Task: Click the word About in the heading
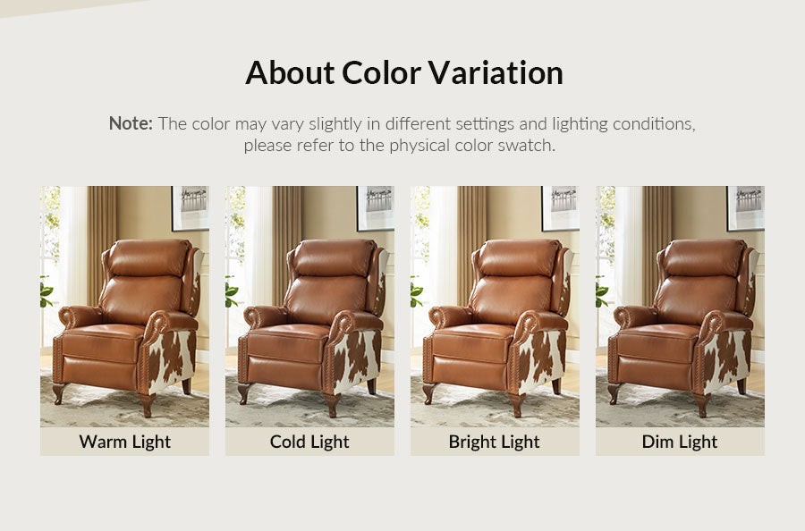pyautogui.click(x=290, y=72)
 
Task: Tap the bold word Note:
pyautogui.click(x=131, y=123)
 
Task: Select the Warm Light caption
pyautogui.click(x=124, y=442)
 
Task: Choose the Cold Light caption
pyautogui.click(x=309, y=442)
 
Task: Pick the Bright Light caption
pyautogui.click(x=495, y=442)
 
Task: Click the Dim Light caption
pyautogui.click(x=680, y=442)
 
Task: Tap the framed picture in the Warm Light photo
pyautogui.click(x=191, y=207)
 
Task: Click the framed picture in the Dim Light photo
pyautogui.click(x=745, y=207)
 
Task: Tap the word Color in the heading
pyautogui.click(x=381, y=72)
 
